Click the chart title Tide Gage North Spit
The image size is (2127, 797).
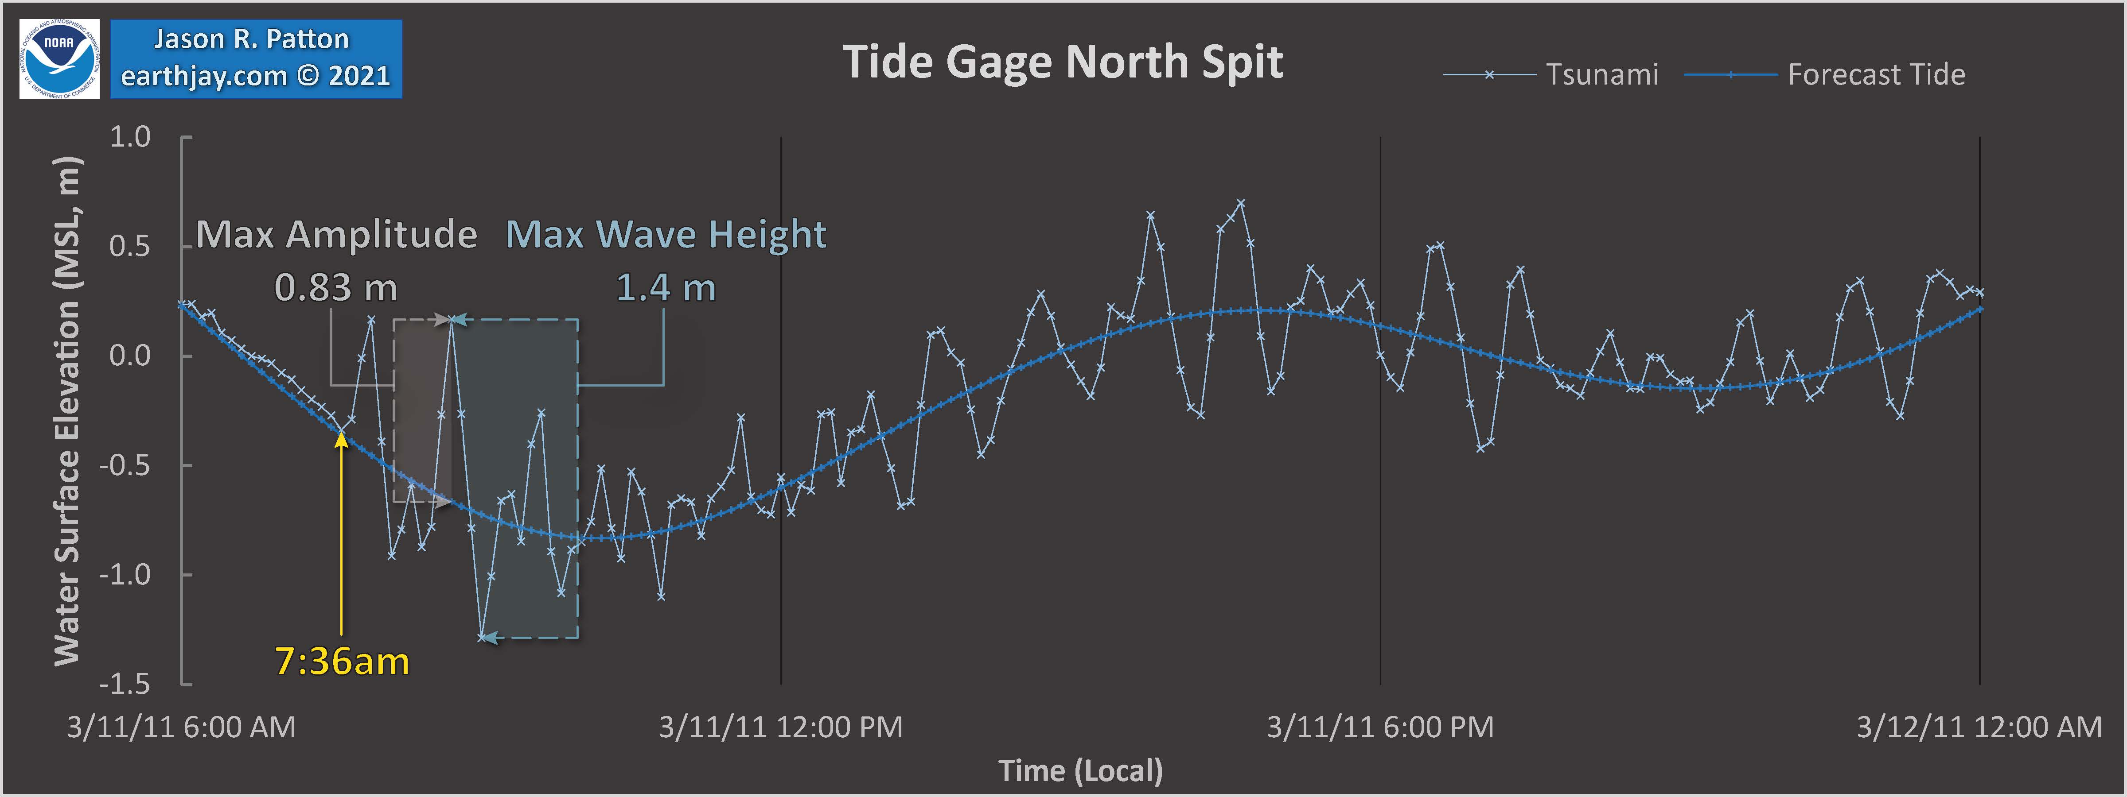1063,62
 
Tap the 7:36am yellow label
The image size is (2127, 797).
342,662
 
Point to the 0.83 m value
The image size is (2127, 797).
336,288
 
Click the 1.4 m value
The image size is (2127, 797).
666,288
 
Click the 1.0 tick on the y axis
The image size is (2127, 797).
130,137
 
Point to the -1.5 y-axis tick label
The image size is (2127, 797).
125,684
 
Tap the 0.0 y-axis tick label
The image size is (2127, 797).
130,356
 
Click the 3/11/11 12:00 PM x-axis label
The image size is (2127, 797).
780,727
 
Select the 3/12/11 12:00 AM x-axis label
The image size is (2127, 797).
1979,727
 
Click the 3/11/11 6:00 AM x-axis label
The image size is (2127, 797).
181,727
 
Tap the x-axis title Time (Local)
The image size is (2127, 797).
1080,770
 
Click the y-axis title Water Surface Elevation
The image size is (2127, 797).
68,411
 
